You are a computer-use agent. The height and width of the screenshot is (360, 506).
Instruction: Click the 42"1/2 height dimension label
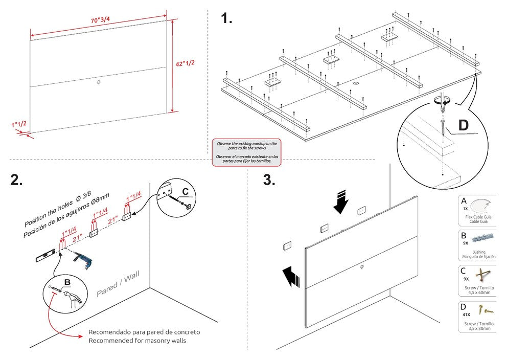[186, 64]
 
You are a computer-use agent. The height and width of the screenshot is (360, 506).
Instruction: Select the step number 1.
[226, 19]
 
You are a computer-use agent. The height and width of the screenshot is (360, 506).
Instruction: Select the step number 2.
[17, 181]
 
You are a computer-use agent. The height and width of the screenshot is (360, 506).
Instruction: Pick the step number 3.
[269, 180]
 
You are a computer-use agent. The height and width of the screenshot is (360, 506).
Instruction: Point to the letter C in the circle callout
[186, 191]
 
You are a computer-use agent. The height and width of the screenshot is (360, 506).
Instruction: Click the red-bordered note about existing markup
[247, 152]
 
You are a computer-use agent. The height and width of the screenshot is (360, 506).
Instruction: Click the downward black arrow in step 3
[340, 201]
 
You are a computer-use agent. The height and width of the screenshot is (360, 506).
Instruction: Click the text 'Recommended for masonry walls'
[137, 341]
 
